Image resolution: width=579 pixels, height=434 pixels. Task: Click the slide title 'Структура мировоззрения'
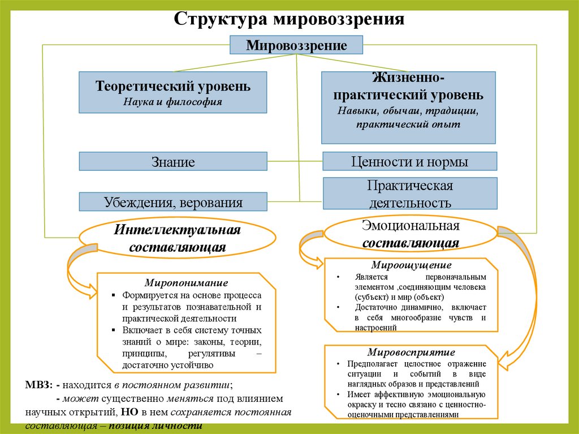289,18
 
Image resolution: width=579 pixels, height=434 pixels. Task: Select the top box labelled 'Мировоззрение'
296,45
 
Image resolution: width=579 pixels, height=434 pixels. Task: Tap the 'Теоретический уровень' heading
173,87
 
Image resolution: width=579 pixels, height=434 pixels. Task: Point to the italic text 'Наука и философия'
173,102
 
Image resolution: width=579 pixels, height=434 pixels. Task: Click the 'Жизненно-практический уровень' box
408,107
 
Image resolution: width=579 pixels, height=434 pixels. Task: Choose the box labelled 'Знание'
173,162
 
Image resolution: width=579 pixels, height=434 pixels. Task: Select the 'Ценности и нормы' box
409,161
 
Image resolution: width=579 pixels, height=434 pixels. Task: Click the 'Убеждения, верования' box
173,202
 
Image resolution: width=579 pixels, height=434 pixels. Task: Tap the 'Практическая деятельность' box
409,194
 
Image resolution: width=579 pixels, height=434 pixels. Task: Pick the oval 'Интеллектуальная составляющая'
178,238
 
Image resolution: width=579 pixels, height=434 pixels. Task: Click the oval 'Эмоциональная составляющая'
410,234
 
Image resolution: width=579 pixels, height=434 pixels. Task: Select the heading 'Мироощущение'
411,265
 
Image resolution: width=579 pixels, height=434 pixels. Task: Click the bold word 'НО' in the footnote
126,412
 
